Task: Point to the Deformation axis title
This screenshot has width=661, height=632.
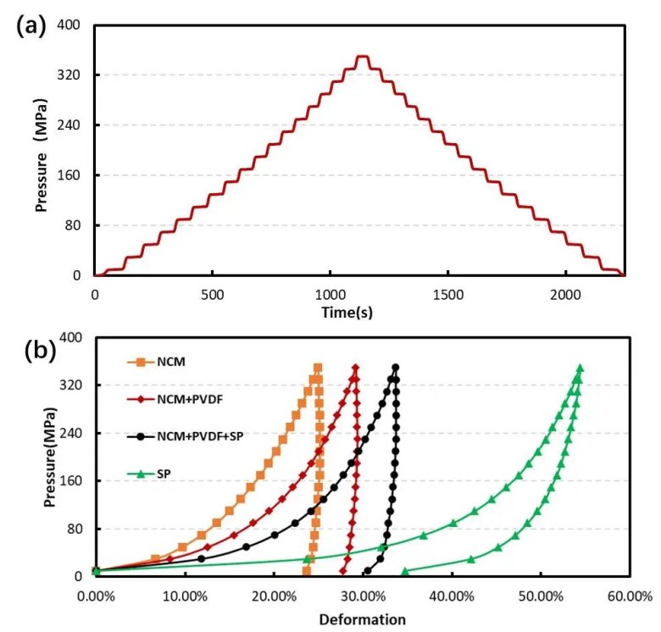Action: (x=362, y=619)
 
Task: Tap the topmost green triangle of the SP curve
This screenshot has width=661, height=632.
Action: (x=580, y=369)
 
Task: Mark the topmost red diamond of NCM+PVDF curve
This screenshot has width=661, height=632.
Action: (x=355, y=369)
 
